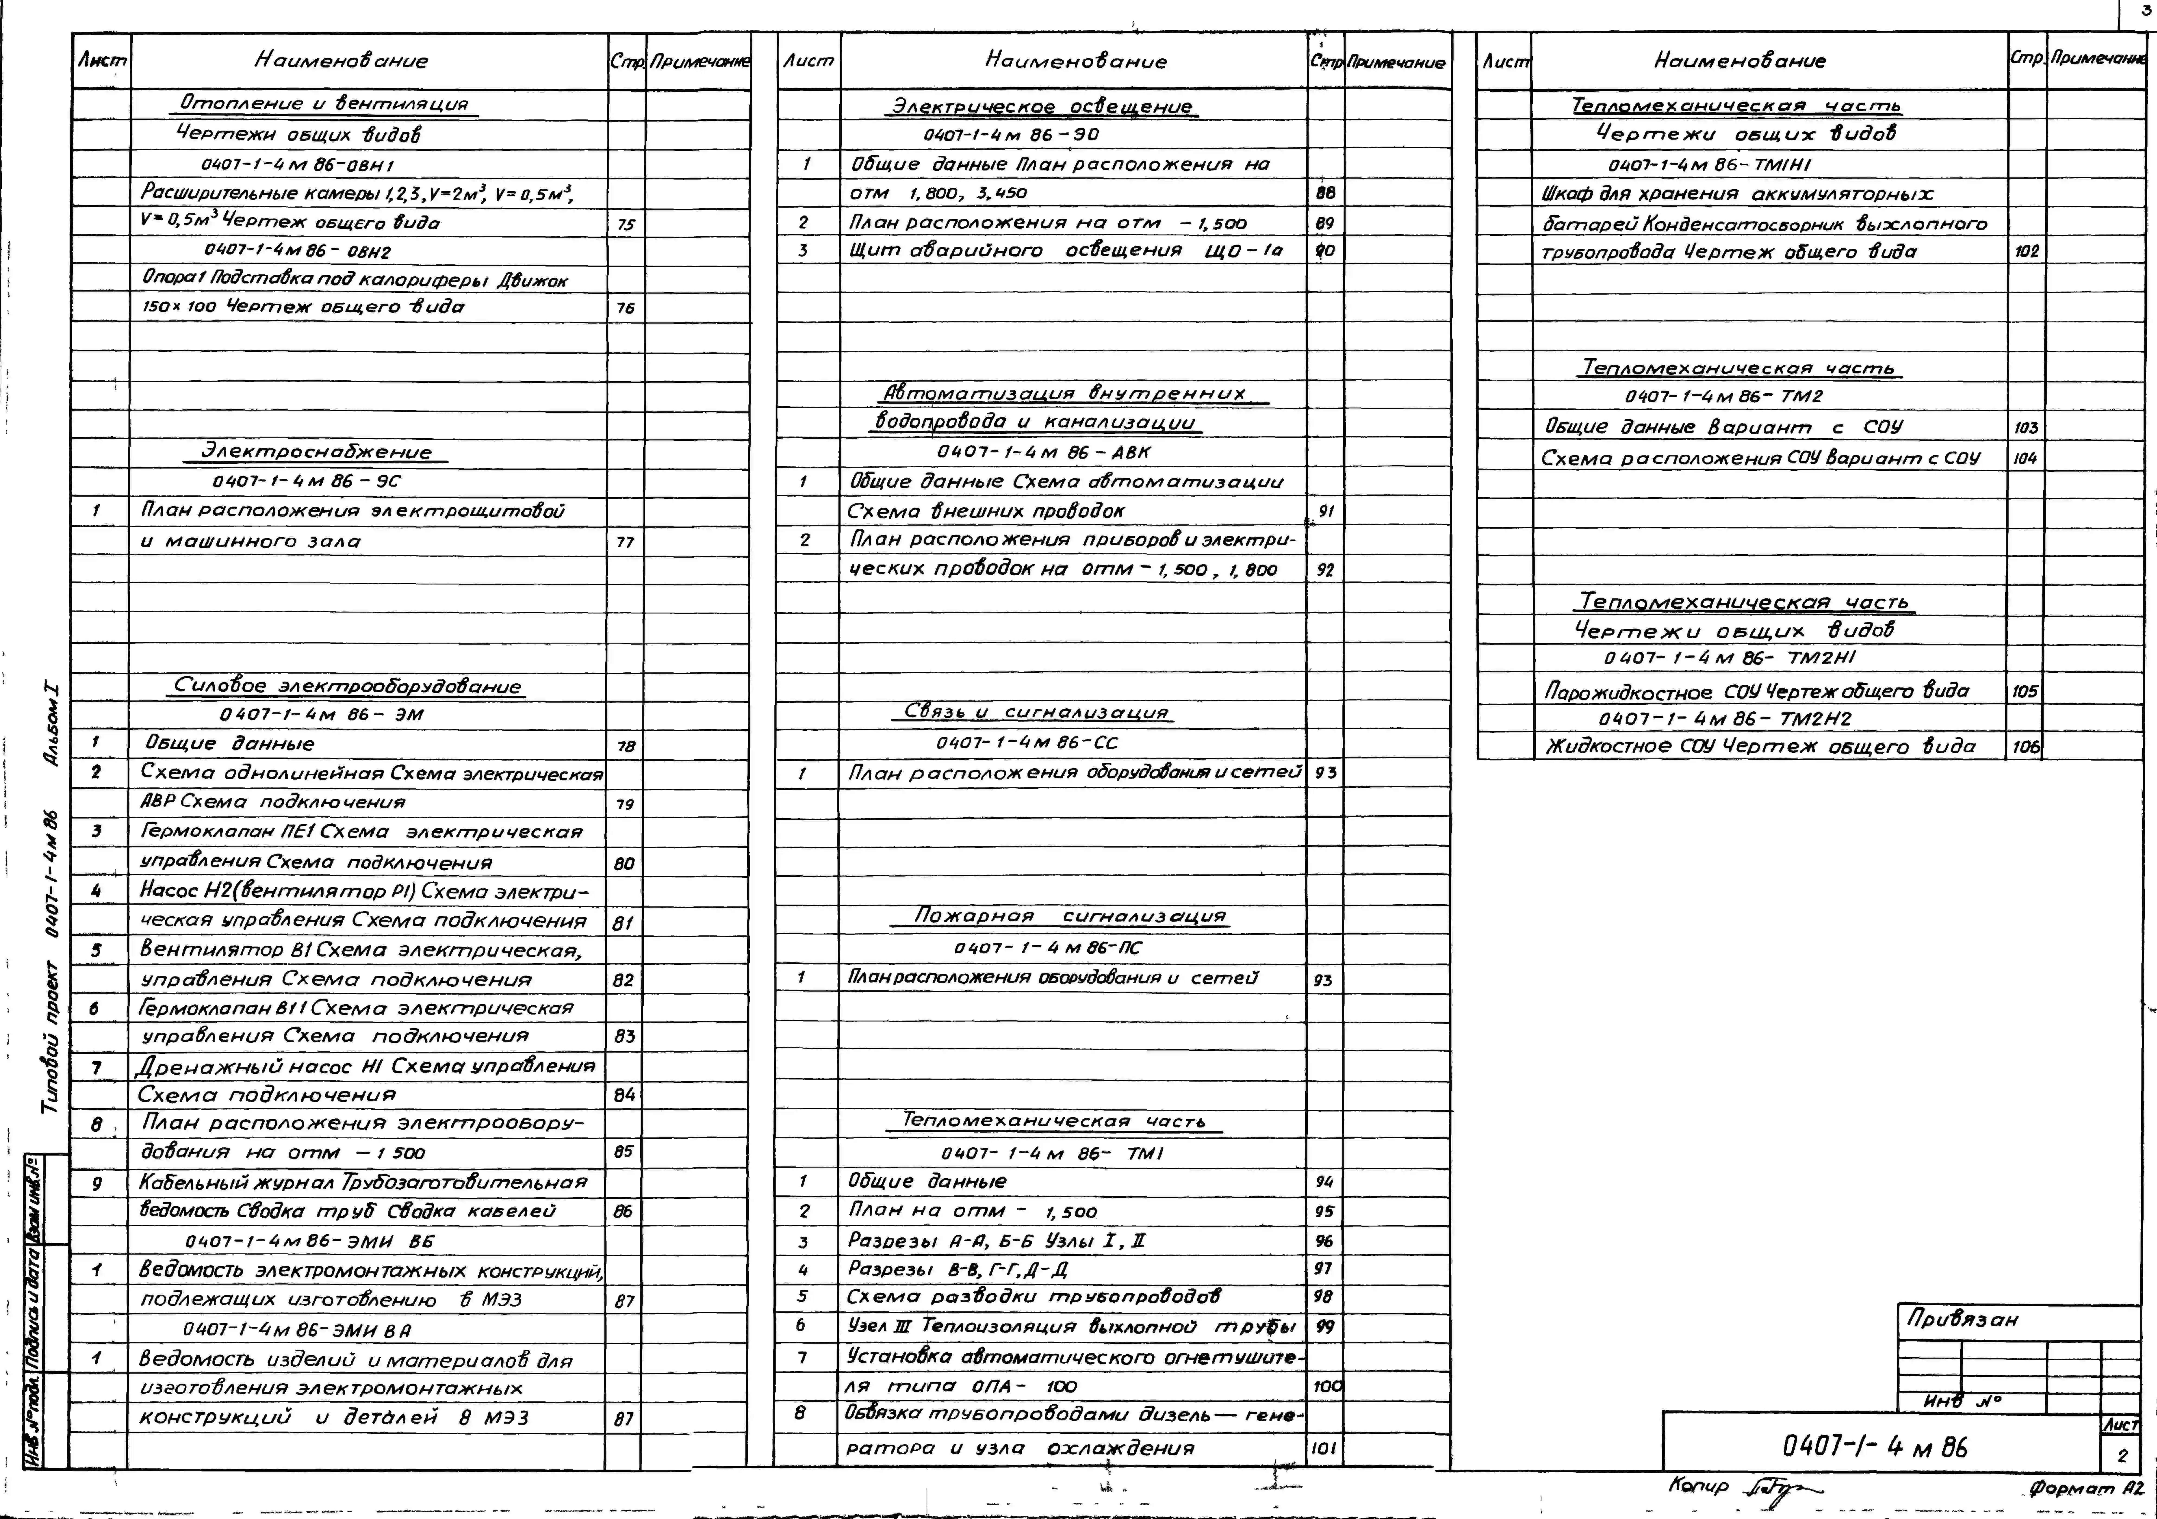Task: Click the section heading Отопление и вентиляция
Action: click(x=324, y=103)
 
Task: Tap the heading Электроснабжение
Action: click(x=317, y=452)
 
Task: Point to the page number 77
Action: click(x=625, y=542)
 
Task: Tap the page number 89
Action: click(x=1325, y=224)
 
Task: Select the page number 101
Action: click(x=1324, y=1448)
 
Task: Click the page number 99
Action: click(x=1325, y=1326)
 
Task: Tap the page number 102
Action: click(x=2026, y=252)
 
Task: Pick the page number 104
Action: click(x=2025, y=458)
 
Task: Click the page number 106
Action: click(x=2025, y=747)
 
